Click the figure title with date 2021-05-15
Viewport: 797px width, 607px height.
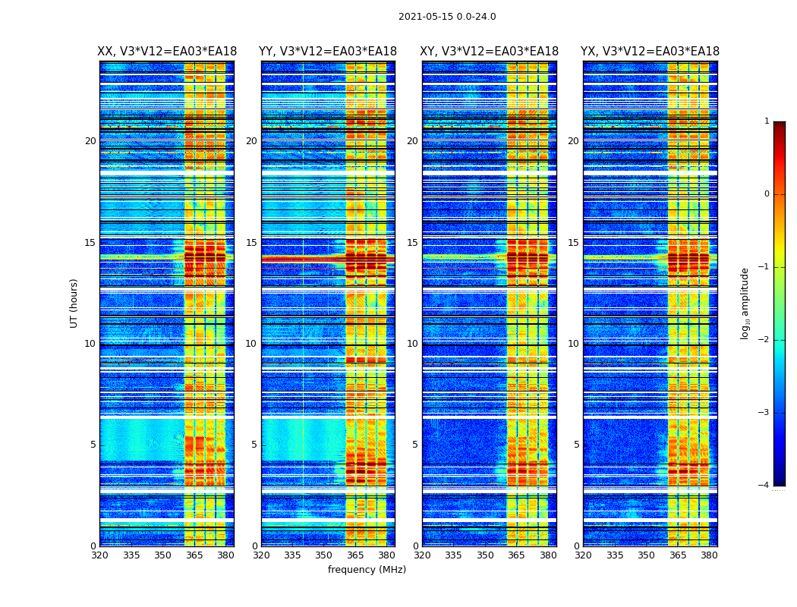coord(447,17)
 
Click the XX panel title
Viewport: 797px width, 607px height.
coord(167,52)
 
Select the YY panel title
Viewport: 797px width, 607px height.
coord(328,52)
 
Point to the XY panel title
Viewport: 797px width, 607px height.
coord(490,52)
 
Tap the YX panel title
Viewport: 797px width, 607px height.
coord(650,52)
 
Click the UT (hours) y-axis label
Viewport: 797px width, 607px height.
coord(74,303)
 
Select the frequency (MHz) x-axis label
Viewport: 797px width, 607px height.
coord(367,570)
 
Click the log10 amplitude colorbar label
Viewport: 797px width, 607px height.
coord(745,303)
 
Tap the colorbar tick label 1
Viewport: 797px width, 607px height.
coord(767,121)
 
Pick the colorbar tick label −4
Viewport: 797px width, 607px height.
coord(764,486)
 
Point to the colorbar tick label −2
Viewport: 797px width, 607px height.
coord(764,340)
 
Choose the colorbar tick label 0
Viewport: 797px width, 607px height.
coord(767,194)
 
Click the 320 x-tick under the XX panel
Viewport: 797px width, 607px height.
coord(99,555)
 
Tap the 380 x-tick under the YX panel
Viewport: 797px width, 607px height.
coord(709,555)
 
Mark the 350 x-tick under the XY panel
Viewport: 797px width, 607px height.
coord(485,555)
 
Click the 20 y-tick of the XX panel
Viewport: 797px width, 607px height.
coord(90,141)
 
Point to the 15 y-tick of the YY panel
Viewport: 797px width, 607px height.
coord(252,243)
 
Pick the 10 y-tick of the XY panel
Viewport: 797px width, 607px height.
coord(412,344)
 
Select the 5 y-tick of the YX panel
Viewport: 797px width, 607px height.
coord(576,445)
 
